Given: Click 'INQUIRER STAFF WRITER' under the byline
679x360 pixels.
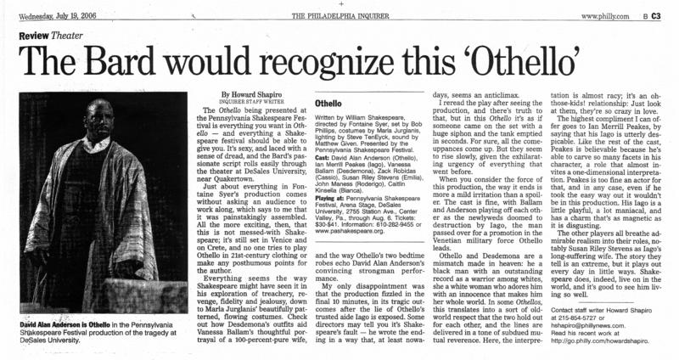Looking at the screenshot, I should tap(255, 102).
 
